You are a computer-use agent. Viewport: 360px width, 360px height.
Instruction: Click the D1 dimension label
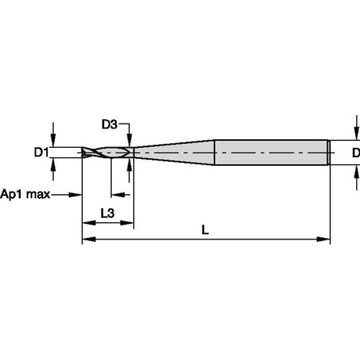point(41,153)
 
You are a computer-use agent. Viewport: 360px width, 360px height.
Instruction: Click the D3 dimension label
point(110,124)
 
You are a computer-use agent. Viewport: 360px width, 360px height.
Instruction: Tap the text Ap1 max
point(25,194)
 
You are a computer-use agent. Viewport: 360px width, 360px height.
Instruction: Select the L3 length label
point(107,214)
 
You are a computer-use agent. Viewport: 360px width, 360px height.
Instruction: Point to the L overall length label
point(205,230)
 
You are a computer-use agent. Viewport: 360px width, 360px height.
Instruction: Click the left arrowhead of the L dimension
point(88,239)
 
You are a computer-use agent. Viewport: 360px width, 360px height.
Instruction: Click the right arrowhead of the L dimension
point(323,239)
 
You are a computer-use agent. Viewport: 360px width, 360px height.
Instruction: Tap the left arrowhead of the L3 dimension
point(88,223)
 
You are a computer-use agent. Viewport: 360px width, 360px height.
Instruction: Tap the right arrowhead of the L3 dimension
point(127,223)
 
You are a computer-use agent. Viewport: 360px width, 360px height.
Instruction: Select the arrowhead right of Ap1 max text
point(75,195)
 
